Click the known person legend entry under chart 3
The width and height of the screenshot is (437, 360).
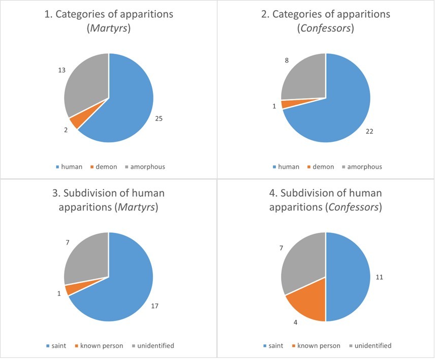pyautogui.click(x=102, y=346)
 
